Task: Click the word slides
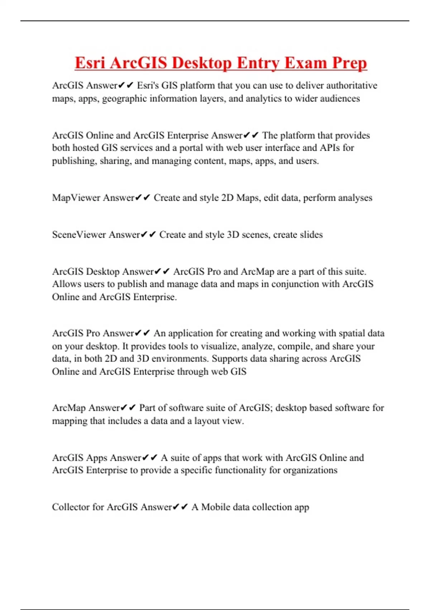click(x=311, y=235)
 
